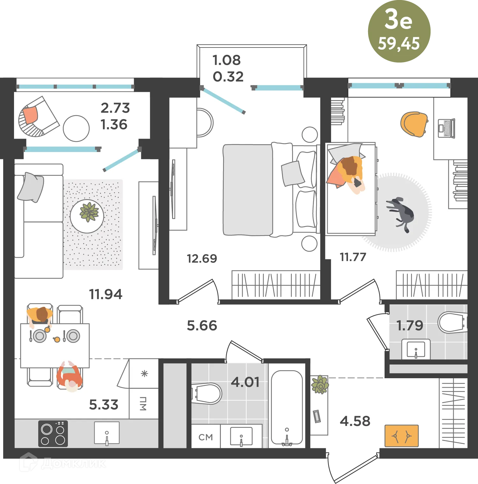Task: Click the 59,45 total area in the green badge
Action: tap(399, 44)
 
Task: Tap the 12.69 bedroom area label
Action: tap(202, 258)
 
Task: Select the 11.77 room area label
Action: tap(353, 257)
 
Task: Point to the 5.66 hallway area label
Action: tap(202, 326)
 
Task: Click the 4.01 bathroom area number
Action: tap(245, 382)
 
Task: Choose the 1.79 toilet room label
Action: tap(409, 326)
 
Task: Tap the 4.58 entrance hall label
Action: tap(355, 421)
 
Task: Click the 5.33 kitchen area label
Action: tap(104, 405)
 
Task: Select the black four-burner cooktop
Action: tap(53, 433)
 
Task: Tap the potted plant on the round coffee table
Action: tap(89, 212)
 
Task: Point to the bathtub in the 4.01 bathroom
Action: tap(287, 408)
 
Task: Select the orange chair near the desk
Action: tap(414, 124)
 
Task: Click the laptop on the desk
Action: tap(446, 128)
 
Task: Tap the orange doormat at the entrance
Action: tap(402, 436)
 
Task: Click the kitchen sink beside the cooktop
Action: tap(107, 433)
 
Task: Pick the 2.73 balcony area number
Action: tap(115, 108)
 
